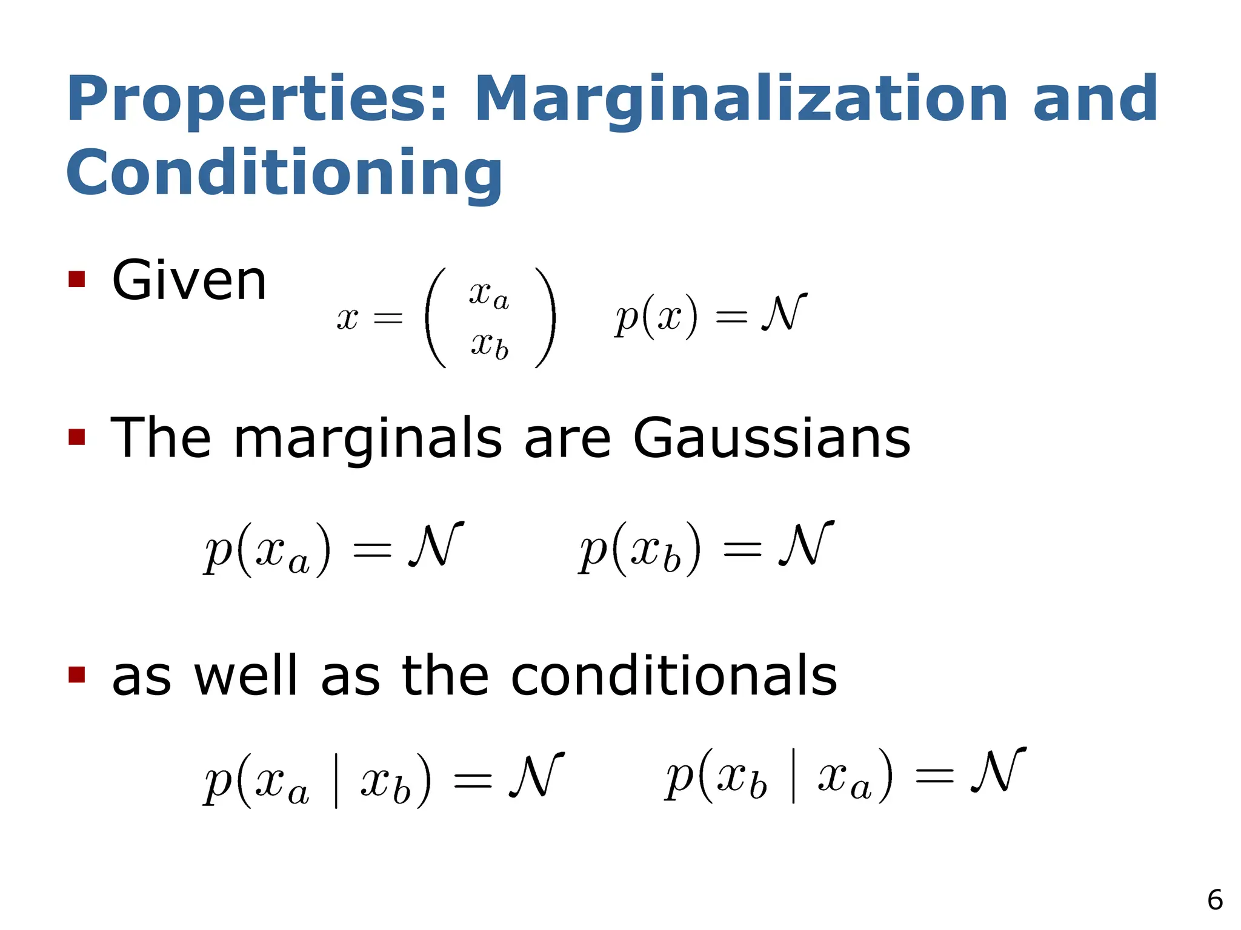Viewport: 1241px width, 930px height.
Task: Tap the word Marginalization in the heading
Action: (740, 100)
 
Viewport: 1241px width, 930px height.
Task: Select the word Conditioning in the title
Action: (284, 174)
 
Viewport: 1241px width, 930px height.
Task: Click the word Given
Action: (189, 280)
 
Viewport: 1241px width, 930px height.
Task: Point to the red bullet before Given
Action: (76, 279)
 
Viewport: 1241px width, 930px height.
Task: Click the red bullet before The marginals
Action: (76, 437)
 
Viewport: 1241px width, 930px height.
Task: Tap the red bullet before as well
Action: (76, 674)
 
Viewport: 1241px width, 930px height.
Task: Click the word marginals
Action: (368, 438)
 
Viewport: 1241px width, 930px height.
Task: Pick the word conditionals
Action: (674, 676)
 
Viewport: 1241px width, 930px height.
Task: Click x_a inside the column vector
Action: (488, 295)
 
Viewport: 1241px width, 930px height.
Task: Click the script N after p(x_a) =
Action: (436, 544)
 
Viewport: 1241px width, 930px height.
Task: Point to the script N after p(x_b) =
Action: (806, 544)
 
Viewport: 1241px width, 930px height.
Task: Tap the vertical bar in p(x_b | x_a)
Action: (793, 776)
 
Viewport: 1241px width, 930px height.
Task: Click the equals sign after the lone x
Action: (388, 317)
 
